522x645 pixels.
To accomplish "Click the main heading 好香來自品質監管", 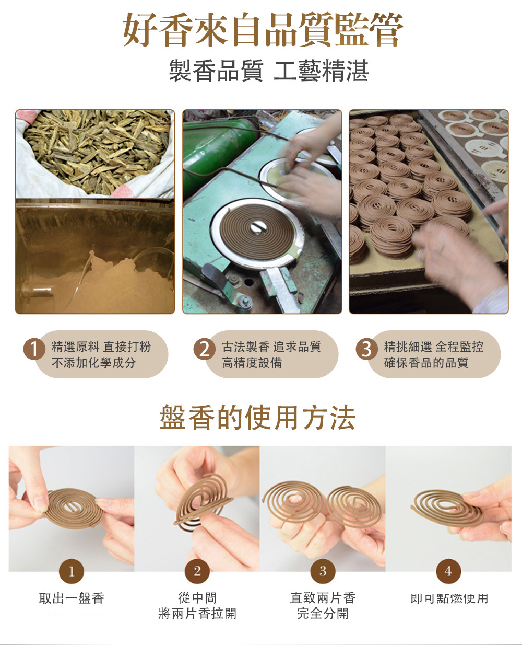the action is click(263, 30).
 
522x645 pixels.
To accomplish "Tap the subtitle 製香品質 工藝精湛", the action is click(268, 71).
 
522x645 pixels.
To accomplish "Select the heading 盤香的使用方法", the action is click(257, 417).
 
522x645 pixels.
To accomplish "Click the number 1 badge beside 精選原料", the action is click(34, 349).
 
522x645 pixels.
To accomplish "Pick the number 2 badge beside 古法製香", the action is click(205, 349).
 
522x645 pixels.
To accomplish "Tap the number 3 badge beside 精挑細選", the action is click(366, 349).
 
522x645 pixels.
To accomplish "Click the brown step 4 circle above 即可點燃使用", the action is click(448, 571).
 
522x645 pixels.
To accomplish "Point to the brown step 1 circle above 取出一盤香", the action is click(72, 571).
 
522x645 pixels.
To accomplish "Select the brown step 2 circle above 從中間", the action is click(197, 571).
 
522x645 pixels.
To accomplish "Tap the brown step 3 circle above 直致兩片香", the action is click(323, 571).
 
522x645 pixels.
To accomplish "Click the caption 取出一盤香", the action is click(72, 598).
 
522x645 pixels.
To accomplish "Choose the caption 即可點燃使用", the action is click(449, 598).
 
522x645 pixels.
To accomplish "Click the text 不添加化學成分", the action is click(93, 363).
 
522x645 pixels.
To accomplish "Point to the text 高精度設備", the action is click(252, 363).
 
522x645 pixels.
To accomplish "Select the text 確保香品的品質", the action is click(426, 363).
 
